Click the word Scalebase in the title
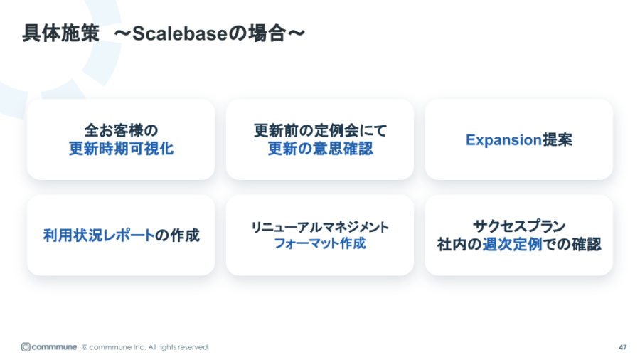tap(177, 33)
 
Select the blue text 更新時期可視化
tap(121, 149)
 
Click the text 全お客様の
tap(121, 130)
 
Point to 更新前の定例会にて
tap(320, 130)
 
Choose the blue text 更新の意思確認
tap(320, 149)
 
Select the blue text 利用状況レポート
tap(99, 235)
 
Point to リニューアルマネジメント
tap(320, 226)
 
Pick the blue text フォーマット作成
tap(320, 244)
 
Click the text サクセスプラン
tap(519, 226)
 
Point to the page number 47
tap(622, 347)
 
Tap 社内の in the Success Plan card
tap(459, 244)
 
